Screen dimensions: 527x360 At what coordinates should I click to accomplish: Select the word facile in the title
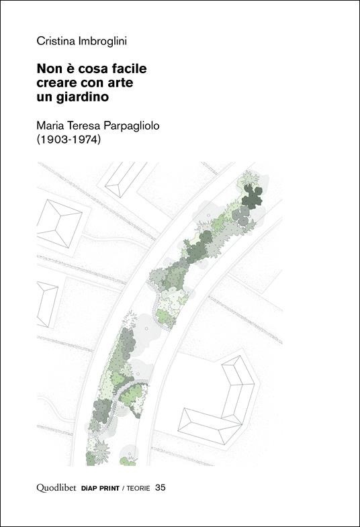128,68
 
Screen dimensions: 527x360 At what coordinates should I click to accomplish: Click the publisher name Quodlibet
57,488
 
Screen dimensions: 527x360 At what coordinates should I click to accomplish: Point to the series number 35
160,488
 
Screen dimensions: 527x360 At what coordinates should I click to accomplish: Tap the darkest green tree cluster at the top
253,197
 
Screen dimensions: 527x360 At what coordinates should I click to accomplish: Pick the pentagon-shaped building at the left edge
47,303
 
